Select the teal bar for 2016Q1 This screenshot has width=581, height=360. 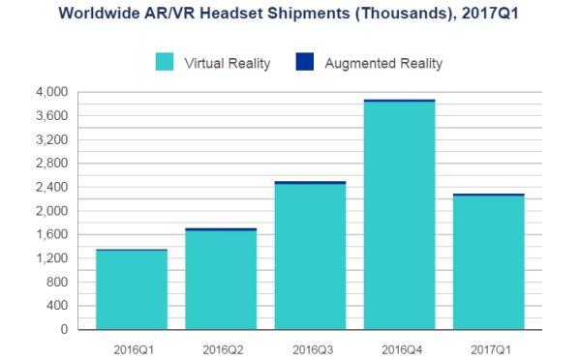tap(132, 290)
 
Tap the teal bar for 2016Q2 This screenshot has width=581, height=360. tap(221, 281)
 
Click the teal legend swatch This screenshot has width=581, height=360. tap(165, 64)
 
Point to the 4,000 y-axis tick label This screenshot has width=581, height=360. tap(52, 92)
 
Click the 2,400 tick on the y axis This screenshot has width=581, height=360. tap(52, 187)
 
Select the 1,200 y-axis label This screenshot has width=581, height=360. tap(52, 258)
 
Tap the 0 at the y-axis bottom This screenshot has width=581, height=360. tap(64, 330)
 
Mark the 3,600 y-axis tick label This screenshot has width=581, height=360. tap(52, 116)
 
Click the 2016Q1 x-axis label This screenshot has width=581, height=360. tap(132, 345)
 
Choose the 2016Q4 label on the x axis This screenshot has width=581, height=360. tap(399, 345)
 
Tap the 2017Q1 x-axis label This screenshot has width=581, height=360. tap(489, 345)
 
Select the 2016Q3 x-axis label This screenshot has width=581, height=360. tap(311, 345)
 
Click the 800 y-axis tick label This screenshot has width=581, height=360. tap(57, 283)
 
